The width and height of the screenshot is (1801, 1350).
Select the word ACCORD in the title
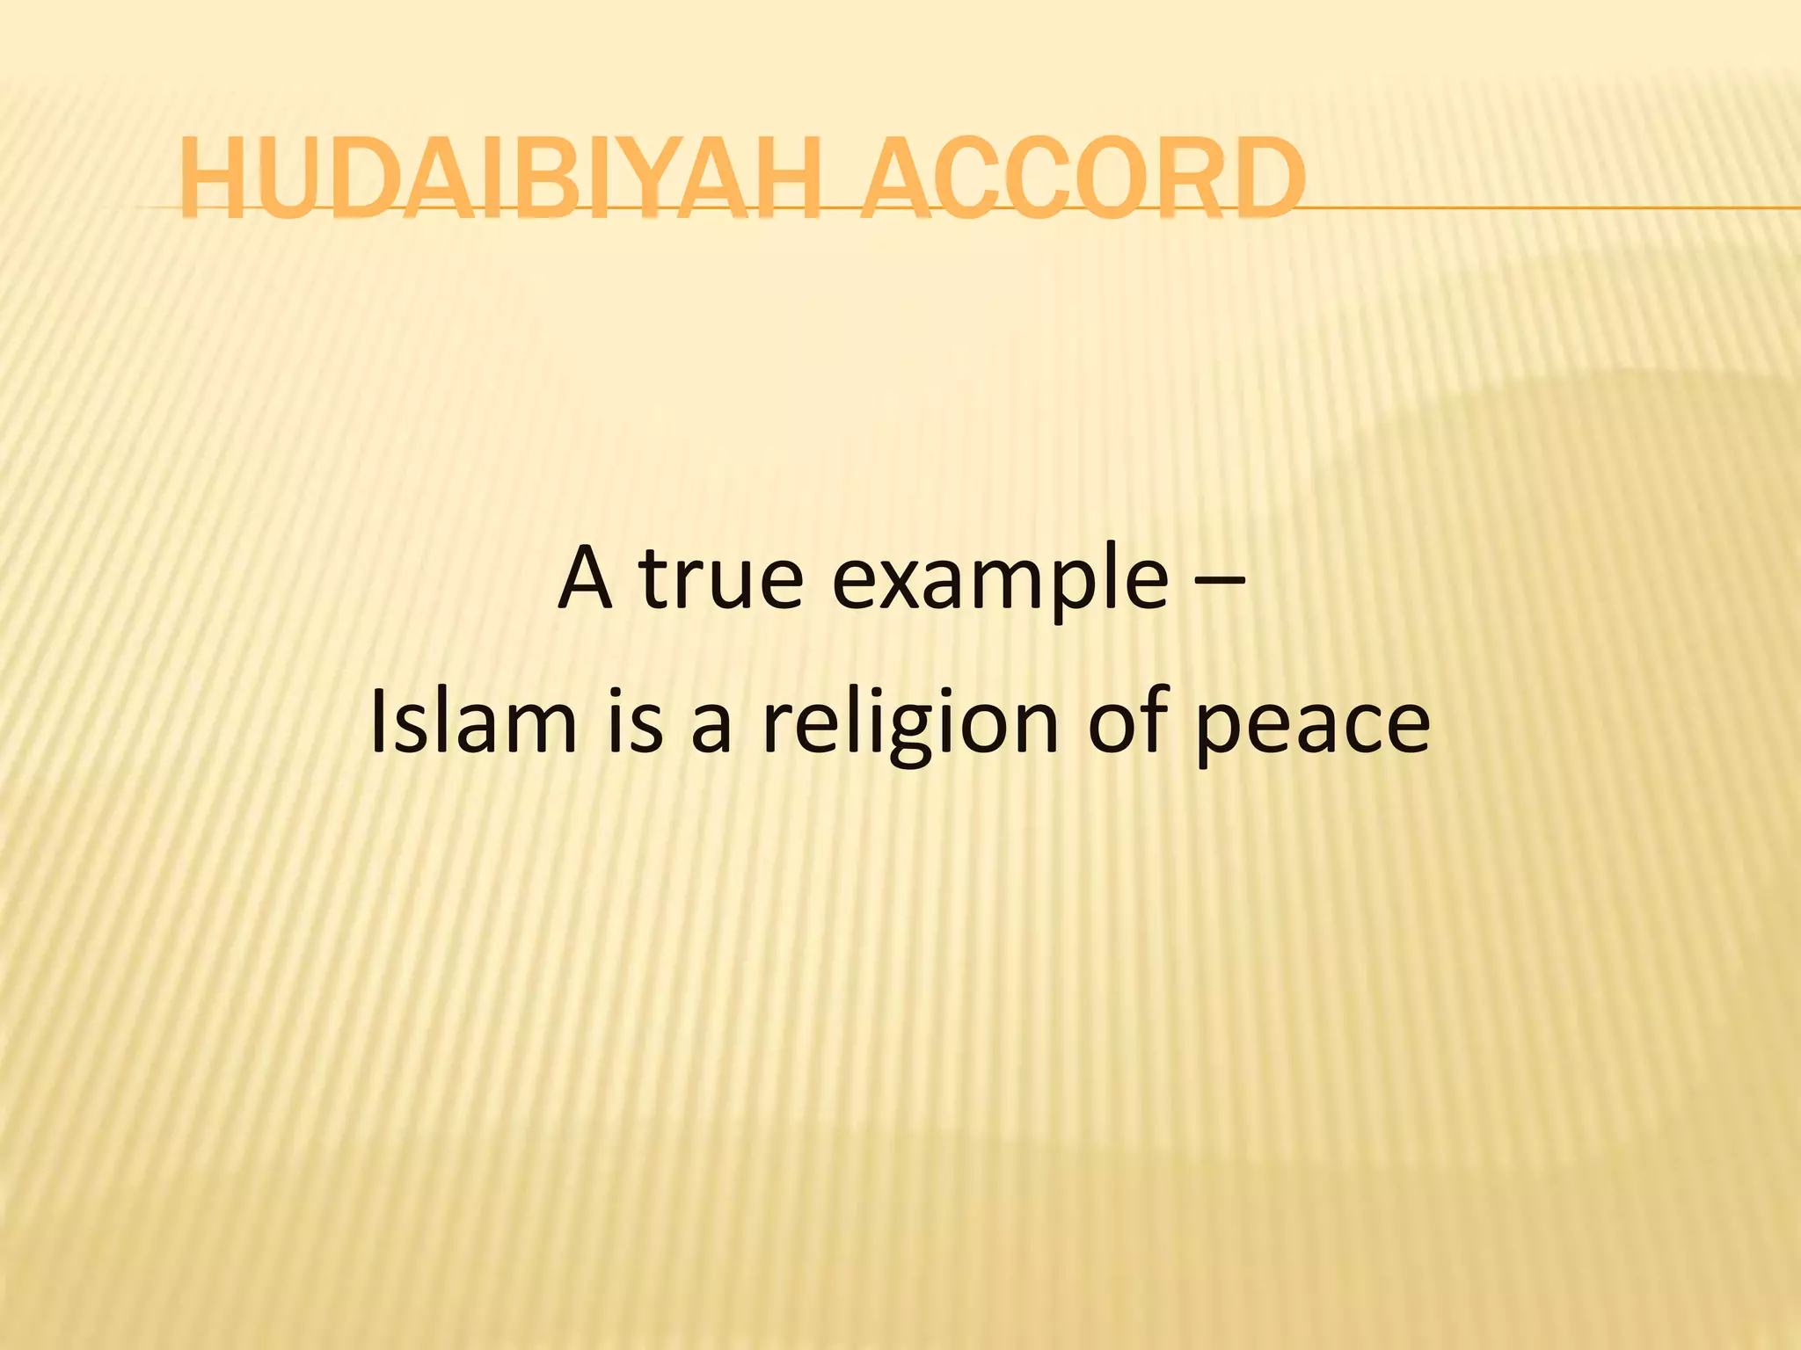click(1082, 178)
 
